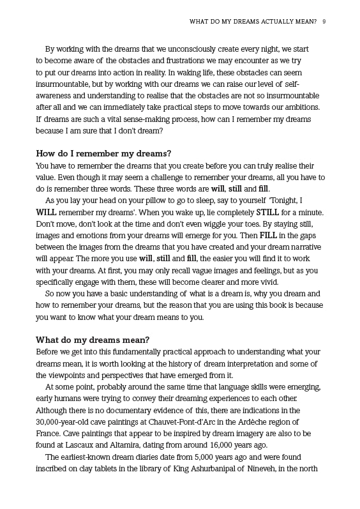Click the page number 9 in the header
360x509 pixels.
click(x=325, y=22)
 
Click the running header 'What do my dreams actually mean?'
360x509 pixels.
click(x=253, y=22)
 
